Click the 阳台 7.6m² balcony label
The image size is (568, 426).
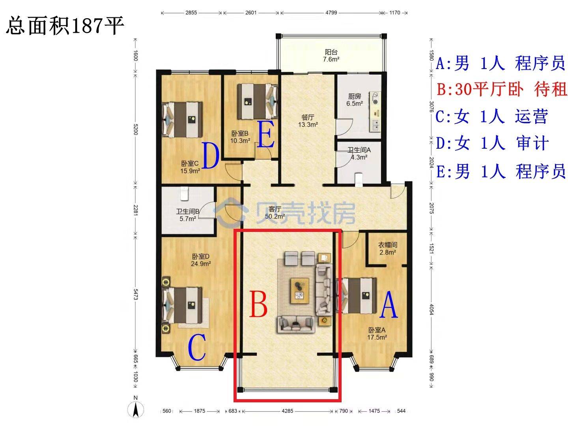331,56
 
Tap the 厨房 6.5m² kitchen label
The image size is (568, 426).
355,100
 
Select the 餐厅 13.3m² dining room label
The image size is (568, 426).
308,121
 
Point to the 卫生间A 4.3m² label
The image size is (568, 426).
359,153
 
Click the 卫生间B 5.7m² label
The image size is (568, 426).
188,215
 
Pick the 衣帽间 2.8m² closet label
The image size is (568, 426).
388,248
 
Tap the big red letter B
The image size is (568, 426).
258,304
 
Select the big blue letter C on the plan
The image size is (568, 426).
197,347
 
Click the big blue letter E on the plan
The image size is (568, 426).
266,135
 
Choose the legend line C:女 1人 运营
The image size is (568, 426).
491,116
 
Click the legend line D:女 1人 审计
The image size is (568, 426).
492,143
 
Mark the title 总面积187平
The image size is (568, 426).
65,26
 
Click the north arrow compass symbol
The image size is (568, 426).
135,410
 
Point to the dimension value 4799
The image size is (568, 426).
331,13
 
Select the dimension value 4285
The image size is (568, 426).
287,411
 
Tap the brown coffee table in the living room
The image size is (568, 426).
300,290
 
